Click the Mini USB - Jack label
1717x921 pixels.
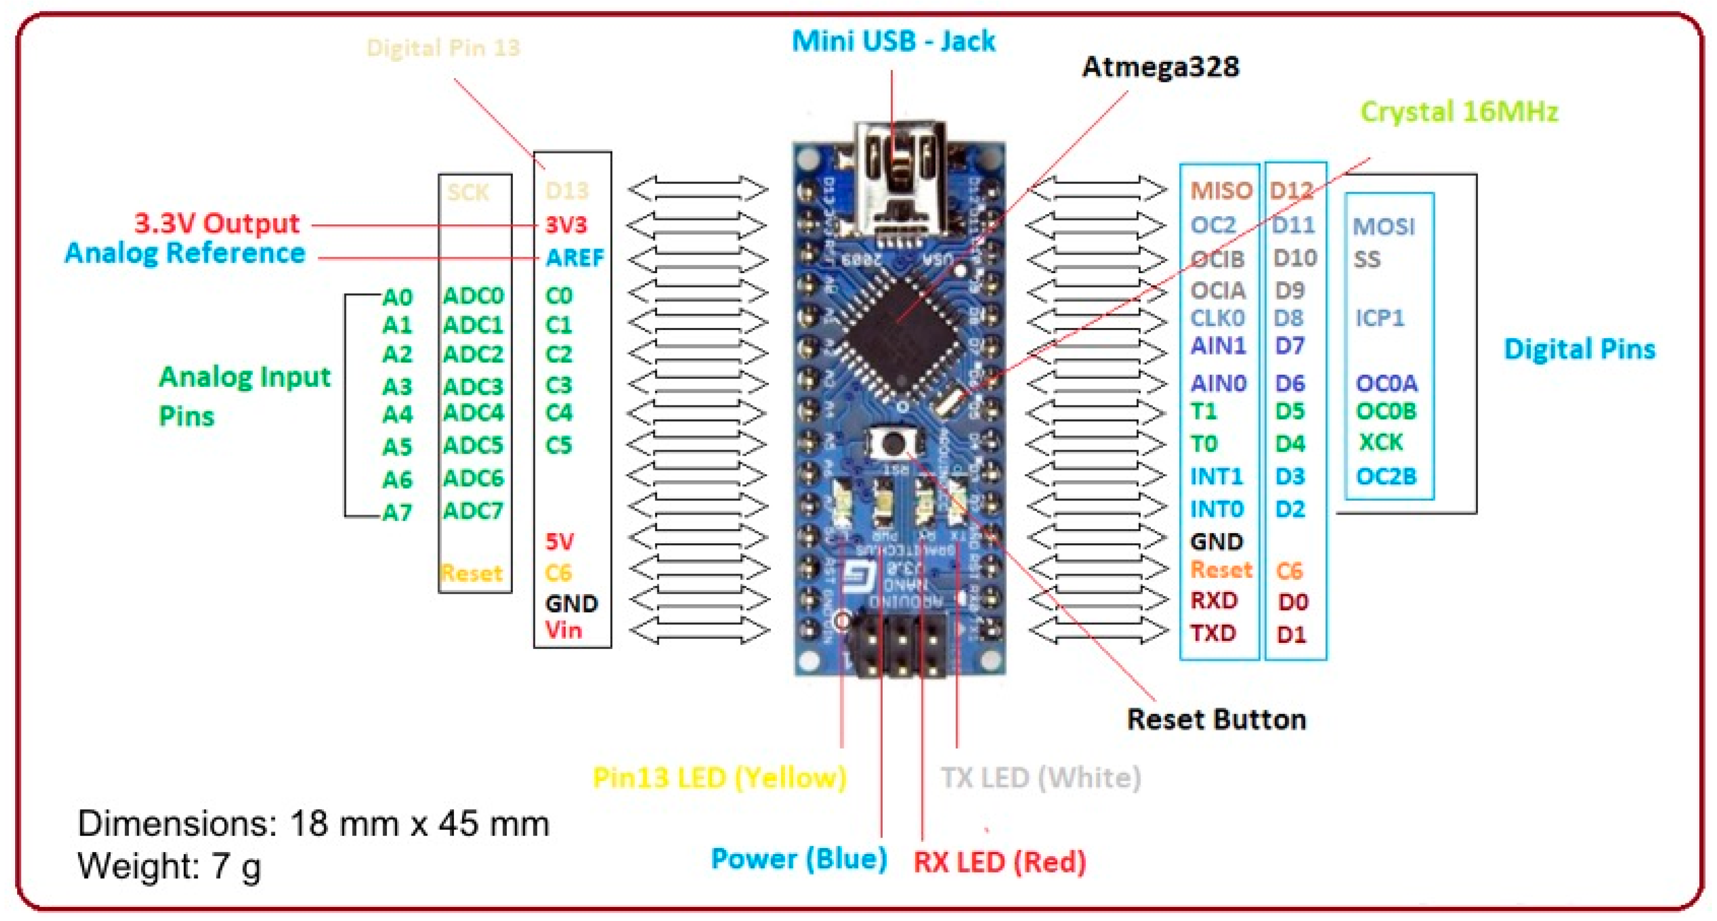click(893, 42)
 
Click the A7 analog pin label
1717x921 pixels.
click(397, 513)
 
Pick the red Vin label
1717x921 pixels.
click(563, 630)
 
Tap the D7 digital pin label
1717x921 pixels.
click(1289, 347)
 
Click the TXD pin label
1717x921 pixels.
click(1213, 633)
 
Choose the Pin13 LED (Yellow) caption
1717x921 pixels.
click(719, 778)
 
